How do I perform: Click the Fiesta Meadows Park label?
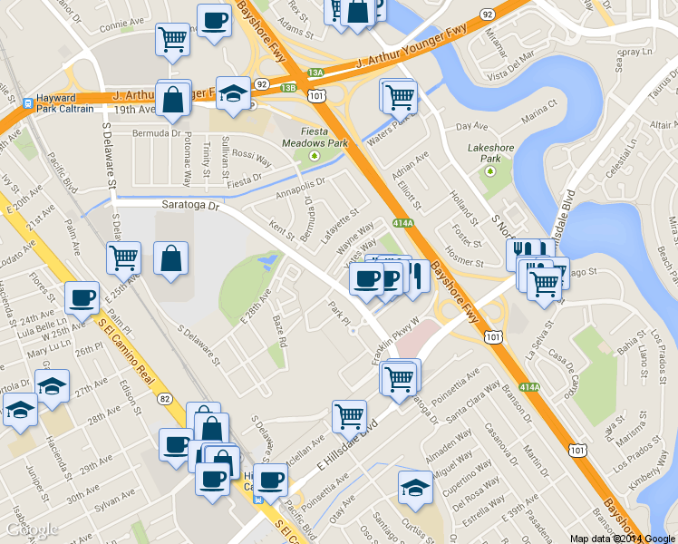pos(315,136)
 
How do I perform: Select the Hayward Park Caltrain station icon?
pos(29,102)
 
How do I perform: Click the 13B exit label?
pos(287,88)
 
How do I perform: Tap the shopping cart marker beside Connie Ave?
pos(171,39)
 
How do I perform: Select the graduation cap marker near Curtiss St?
pos(415,486)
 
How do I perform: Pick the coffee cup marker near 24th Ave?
pos(82,296)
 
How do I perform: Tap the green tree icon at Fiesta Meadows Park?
pos(315,155)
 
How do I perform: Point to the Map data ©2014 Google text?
pos(622,538)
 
